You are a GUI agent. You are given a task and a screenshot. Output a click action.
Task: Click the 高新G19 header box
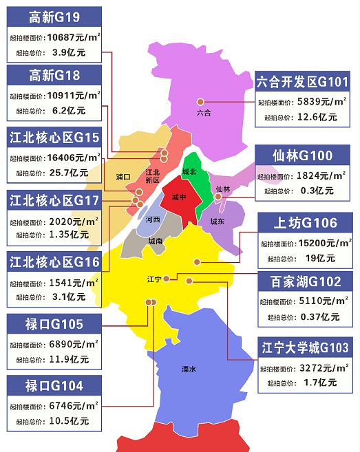[x=54, y=17]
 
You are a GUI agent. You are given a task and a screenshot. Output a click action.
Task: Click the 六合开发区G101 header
[x=303, y=81]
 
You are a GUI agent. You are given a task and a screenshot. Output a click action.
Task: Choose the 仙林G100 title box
[x=303, y=155]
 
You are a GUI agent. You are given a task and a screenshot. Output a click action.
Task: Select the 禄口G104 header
[x=54, y=385]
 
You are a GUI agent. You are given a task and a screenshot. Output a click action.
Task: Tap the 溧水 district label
[x=189, y=369]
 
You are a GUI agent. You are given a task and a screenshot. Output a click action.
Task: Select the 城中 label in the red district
[x=179, y=197]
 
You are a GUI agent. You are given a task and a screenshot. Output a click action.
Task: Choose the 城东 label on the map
[x=218, y=222]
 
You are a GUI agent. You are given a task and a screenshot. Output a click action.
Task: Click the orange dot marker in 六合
[x=200, y=102]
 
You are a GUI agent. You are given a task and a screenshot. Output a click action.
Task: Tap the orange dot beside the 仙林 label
[x=218, y=197]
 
